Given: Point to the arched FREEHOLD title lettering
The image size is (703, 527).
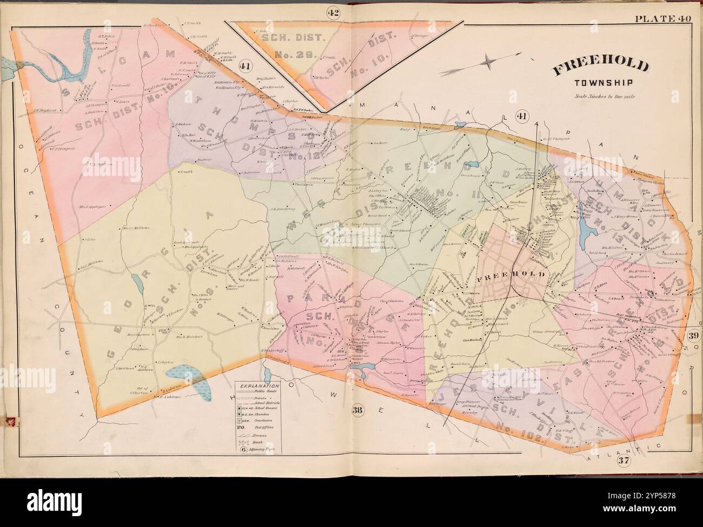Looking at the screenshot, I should pos(600,66).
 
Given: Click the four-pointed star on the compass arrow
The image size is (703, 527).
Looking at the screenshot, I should pos(488,61).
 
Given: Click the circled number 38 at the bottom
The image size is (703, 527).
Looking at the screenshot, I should pos(357,409).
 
